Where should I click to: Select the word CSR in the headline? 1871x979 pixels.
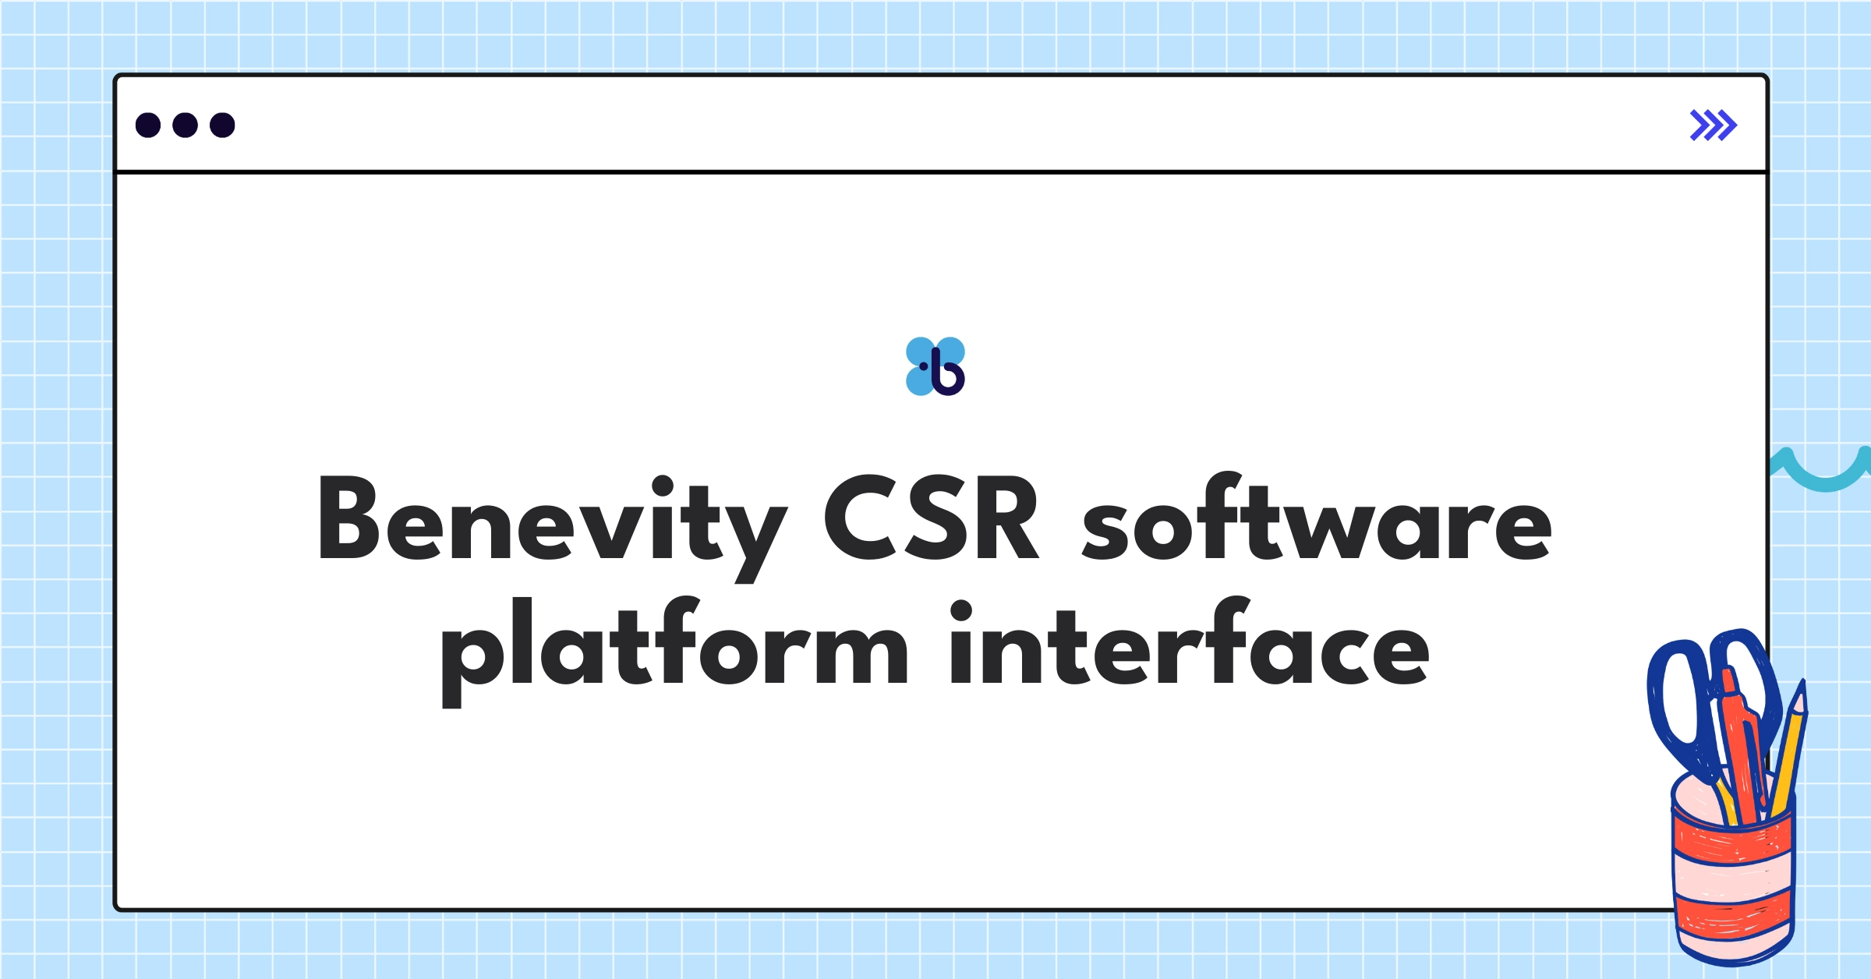(931, 518)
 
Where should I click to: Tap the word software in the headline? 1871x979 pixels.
(1317, 518)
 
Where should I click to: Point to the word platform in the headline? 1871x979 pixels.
(674, 647)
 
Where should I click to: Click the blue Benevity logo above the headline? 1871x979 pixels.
(935, 366)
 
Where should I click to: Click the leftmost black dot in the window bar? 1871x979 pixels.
(148, 125)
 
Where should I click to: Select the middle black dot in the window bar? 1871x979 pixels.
(185, 125)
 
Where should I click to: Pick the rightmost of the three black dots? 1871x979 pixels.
(222, 125)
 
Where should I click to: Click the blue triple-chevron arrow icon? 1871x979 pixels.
(1713, 125)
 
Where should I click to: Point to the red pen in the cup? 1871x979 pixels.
(1743, 748)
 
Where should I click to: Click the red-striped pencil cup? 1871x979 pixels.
(1732, 881)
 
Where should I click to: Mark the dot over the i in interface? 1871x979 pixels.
(961, 610)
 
